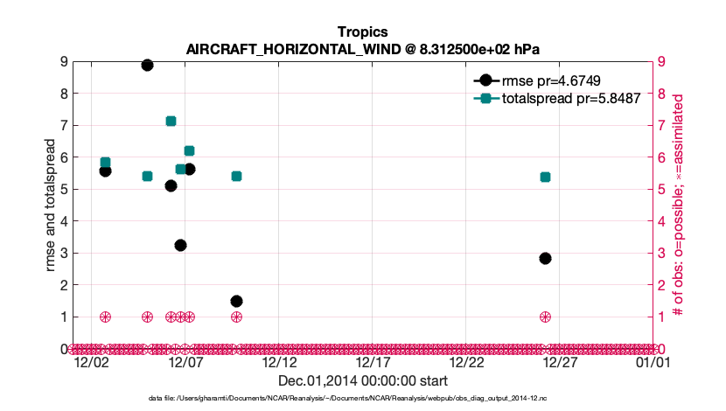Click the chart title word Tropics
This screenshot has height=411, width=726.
[x=361, y=32]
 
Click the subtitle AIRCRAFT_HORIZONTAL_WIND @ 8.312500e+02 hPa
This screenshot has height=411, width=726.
[x=361, y=49]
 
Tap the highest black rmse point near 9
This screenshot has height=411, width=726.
[x=147, y=65]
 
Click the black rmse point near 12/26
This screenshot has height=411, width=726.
[x=545, y=258]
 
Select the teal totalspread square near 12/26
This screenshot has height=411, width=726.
[x=545, y=177]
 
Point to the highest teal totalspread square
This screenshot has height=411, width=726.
[x=171, y=121]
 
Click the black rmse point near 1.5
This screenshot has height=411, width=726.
[x=236, y=301]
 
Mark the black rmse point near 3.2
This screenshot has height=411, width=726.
[x=180, y=245]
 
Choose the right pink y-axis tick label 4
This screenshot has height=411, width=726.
[x=661, y=221]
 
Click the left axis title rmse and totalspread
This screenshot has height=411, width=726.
[x=52, y=205]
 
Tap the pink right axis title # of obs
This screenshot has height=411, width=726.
[x=679, y=205]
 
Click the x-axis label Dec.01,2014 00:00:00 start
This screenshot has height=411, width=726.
[x=363, y=380]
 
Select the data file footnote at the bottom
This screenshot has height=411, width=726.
[x=363, y=398]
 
